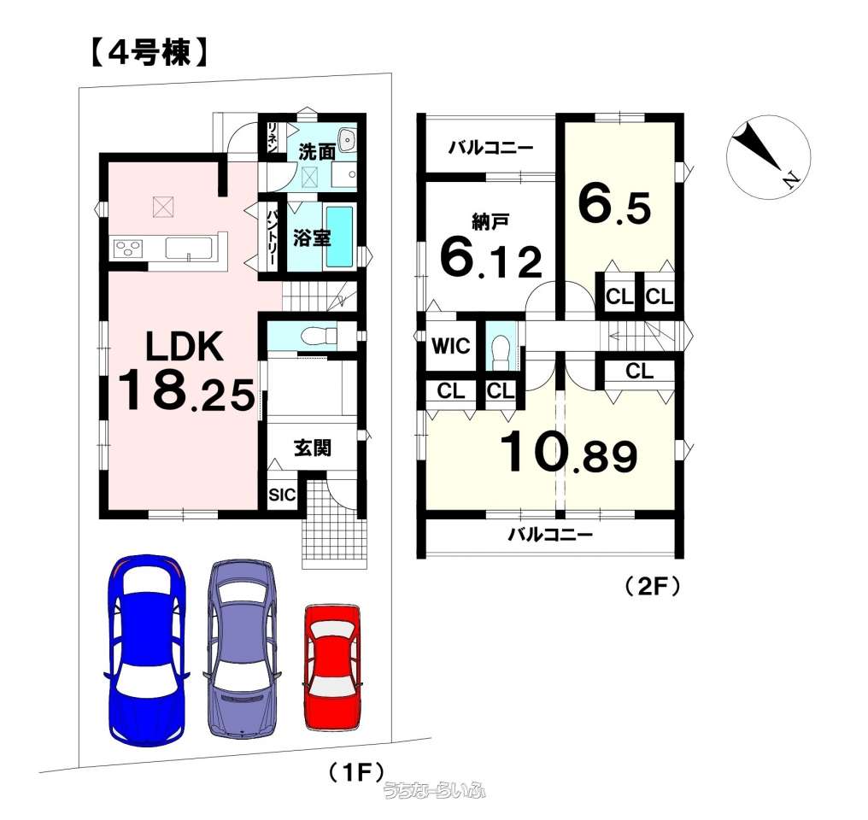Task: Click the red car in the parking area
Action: (x=331, y=667)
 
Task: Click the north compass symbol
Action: (x=766, y=155)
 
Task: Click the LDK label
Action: (x=184, y=348)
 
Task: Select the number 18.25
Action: (x=185, y=392)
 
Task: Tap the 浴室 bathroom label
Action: (x=311, y=238)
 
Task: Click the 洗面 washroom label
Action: (x=316, y=152)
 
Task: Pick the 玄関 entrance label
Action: (x=313, y=448)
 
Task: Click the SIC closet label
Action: (x=282, y=495)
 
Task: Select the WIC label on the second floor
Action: (x=450, y=347)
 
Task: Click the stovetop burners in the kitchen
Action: (x=129, y=249)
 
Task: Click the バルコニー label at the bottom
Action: (x=550, y=536)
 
